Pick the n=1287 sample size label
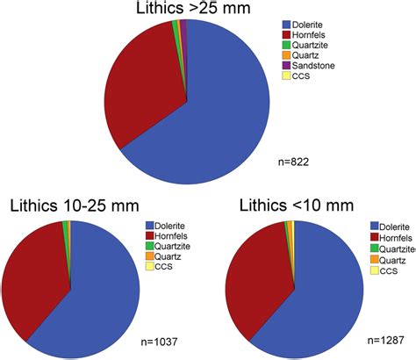pos(384,337)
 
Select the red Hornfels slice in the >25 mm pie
pos(140,92)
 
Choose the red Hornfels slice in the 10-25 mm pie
pos(35,272)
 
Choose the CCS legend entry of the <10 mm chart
pos(386,273)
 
